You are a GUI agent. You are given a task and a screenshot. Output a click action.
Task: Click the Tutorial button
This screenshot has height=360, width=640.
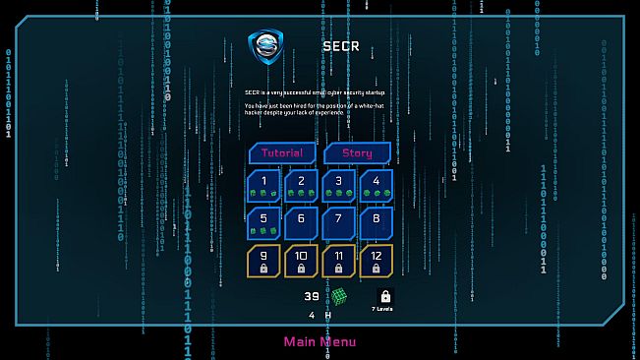[282, 153]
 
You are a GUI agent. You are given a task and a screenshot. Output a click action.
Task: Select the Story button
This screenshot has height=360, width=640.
[358, 153]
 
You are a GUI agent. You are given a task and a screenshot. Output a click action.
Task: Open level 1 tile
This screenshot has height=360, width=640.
[263, 186]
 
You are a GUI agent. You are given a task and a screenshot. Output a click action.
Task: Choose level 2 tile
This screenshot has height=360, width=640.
[301, 186]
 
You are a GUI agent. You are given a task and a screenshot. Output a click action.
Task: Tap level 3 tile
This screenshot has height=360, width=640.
[338, 186]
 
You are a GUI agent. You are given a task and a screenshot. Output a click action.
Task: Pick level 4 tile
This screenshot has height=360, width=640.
[376, 186]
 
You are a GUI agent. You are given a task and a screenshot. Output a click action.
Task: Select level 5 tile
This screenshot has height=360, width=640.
[263, 223]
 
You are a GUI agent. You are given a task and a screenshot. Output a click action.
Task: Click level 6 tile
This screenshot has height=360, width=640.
[301, 223]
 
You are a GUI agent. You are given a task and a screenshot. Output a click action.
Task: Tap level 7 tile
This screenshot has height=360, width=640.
[338, 223]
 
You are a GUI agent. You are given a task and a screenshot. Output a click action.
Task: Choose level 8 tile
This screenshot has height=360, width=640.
[376, 223]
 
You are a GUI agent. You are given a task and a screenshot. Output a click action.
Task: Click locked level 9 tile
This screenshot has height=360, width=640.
[263, 261]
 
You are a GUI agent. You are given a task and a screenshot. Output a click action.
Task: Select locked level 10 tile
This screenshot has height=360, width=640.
[301, 261]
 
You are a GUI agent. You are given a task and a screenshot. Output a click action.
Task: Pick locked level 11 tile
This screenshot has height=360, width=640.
[338, 261]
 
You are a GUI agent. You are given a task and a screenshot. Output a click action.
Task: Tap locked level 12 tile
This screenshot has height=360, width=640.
[376, 261]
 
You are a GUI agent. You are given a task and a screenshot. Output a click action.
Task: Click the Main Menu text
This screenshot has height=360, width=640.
[320, 342]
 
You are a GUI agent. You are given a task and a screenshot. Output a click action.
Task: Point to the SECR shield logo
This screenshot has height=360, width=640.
[267, 48]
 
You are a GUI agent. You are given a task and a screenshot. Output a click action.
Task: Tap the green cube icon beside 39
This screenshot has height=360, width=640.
[339, 296]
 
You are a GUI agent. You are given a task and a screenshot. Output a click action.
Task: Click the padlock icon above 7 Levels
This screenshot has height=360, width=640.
[385, 296]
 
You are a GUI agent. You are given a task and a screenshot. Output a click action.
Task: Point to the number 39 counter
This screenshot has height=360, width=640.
[312, 296]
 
